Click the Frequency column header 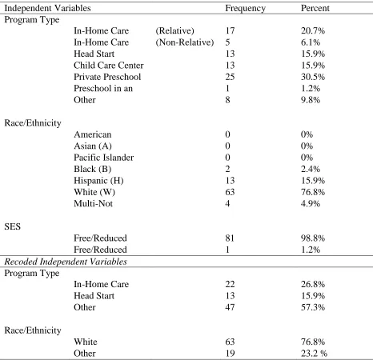[245, 9]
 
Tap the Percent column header [315, 8]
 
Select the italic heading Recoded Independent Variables [66, 262]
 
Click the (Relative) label [174, 30]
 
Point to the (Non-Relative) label [185, 42]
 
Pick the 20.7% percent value [313, 30]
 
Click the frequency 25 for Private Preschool [230, 77]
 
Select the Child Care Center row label [109, 66]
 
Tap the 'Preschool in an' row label [103, 88]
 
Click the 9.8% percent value [311, 100]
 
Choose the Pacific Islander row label [104, 158]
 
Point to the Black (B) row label [93, 169]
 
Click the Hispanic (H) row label [98, 181]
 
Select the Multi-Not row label [94, 203]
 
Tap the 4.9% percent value [311, 203]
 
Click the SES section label [13, 226]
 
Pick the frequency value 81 [230, 238]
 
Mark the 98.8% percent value [313, 238]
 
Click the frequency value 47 [230, 307]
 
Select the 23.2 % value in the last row [315, 354]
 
